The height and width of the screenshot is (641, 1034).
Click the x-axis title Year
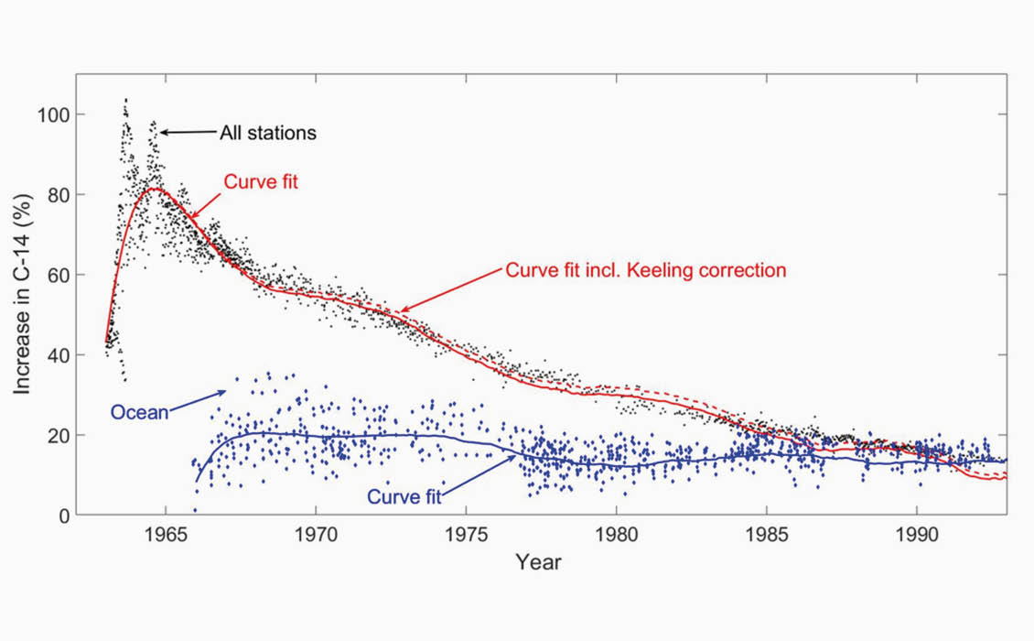537,561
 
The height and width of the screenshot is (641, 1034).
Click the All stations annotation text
267,134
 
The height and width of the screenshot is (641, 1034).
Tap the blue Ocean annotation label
139,413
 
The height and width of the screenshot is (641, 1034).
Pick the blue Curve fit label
404,497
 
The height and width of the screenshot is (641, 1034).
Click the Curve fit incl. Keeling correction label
645,271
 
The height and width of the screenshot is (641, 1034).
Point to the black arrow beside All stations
188,133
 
